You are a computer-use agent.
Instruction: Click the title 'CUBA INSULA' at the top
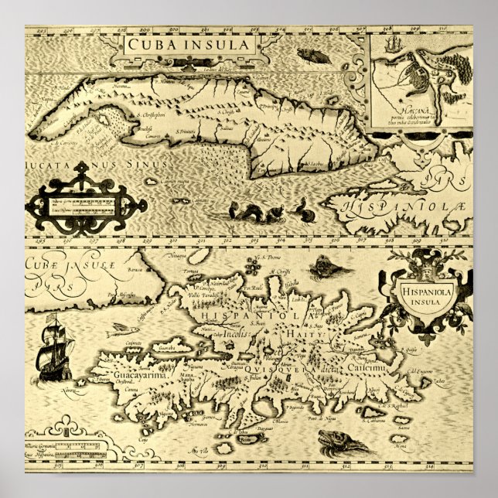[179, 45]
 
